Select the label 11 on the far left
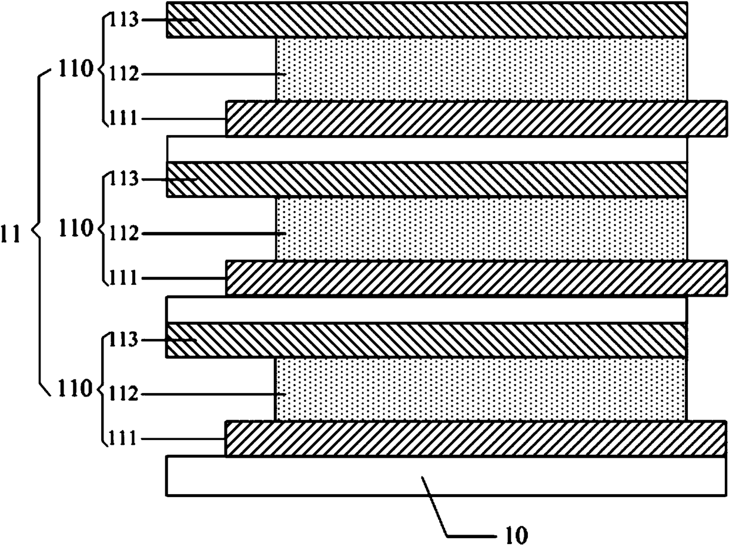click(11, 234)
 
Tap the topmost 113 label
click(123, 19)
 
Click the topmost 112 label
click(123, 73)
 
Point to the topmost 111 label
click(123, 118)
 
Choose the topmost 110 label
click(75, 69)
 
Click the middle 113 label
click(123, 179)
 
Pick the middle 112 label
click(123, 233)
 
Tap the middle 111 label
click(123, 277)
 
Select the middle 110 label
click(75, 228)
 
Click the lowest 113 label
click(123, 340)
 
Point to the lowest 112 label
click(123, 394)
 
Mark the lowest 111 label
click(123, 438)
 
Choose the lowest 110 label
click(75, 388)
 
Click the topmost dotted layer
click(481, 69)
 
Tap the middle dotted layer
click(481, 229)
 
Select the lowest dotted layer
click(480, 389)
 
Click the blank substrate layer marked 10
click(446, 476)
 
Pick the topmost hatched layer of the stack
click(426, 19)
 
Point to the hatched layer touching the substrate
click(475, 439)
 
